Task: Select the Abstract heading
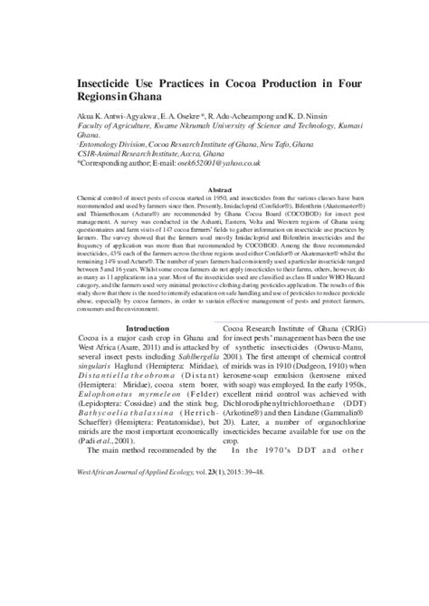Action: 220,189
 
